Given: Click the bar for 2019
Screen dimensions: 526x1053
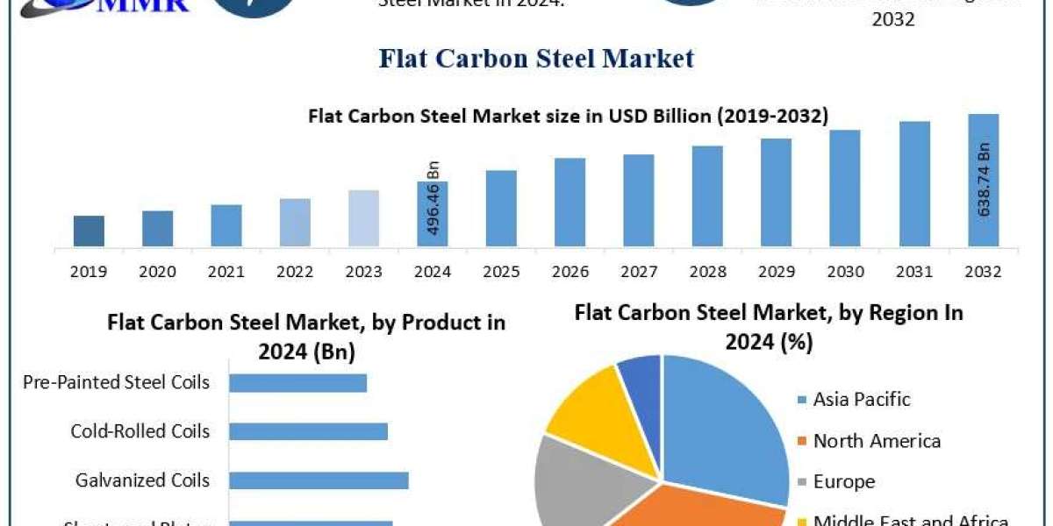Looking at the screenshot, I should [x=89, y=231].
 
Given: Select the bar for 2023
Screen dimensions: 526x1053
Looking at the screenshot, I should [x=363, y=217].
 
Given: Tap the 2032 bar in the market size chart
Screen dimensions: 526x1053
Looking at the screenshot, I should [x=983, y=180].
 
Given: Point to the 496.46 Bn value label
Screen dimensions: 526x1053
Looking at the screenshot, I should [x=433, y=200].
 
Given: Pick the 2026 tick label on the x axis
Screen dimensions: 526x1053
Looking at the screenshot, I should [x=569, y=272].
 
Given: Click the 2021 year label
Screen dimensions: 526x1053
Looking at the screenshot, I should [x=226, y=272].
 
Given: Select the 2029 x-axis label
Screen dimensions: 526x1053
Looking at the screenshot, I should [x=776, y=272].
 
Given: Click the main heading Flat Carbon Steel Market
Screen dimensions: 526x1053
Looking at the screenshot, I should [x=536, y=59].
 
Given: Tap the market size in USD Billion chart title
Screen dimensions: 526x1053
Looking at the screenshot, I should [x=568, y=117].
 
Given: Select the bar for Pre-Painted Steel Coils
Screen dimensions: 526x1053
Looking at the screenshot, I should [x=297, y=382].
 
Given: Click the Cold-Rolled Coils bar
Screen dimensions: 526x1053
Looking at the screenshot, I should [x=308, y=431].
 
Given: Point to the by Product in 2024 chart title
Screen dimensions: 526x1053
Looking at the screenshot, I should [x=306, y=337].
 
